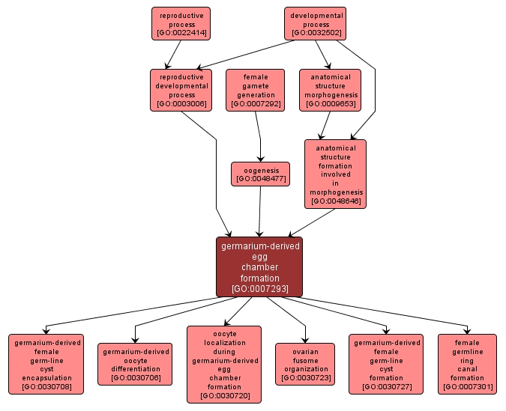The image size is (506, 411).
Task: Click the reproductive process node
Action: point(180,24)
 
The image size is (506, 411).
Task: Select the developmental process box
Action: point(316,24)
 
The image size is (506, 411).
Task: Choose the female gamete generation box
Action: point(255,90)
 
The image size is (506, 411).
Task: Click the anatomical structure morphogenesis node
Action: point(330,90)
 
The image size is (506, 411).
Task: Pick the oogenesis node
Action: point(260,174)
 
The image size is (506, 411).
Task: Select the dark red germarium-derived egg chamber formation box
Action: point(259,267)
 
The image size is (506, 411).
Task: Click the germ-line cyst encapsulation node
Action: point(46,364)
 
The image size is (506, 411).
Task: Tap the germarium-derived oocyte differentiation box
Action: point(135,364)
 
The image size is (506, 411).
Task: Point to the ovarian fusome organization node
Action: point(305,364)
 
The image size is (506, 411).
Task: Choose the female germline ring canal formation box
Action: point(467,364)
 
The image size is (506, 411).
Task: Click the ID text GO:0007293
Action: point(259,288)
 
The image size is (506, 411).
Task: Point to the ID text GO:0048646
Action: point(335,201)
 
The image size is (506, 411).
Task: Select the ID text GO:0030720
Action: point(223,395)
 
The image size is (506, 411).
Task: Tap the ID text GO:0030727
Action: point(386,387)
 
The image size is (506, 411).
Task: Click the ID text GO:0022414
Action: point(180,34)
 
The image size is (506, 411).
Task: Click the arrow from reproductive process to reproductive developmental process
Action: point(174,54)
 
